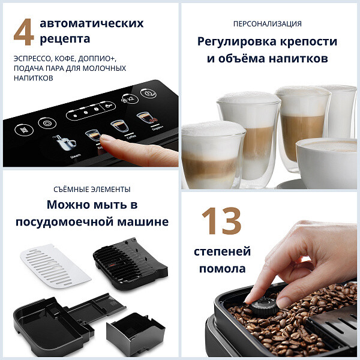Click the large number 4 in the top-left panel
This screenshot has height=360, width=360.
pos(23,33)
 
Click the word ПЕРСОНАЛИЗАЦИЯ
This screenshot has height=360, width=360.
pos(267,24)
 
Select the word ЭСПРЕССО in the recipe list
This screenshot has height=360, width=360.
pos(34,58)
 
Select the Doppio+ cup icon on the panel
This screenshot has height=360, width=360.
pos(143,118)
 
